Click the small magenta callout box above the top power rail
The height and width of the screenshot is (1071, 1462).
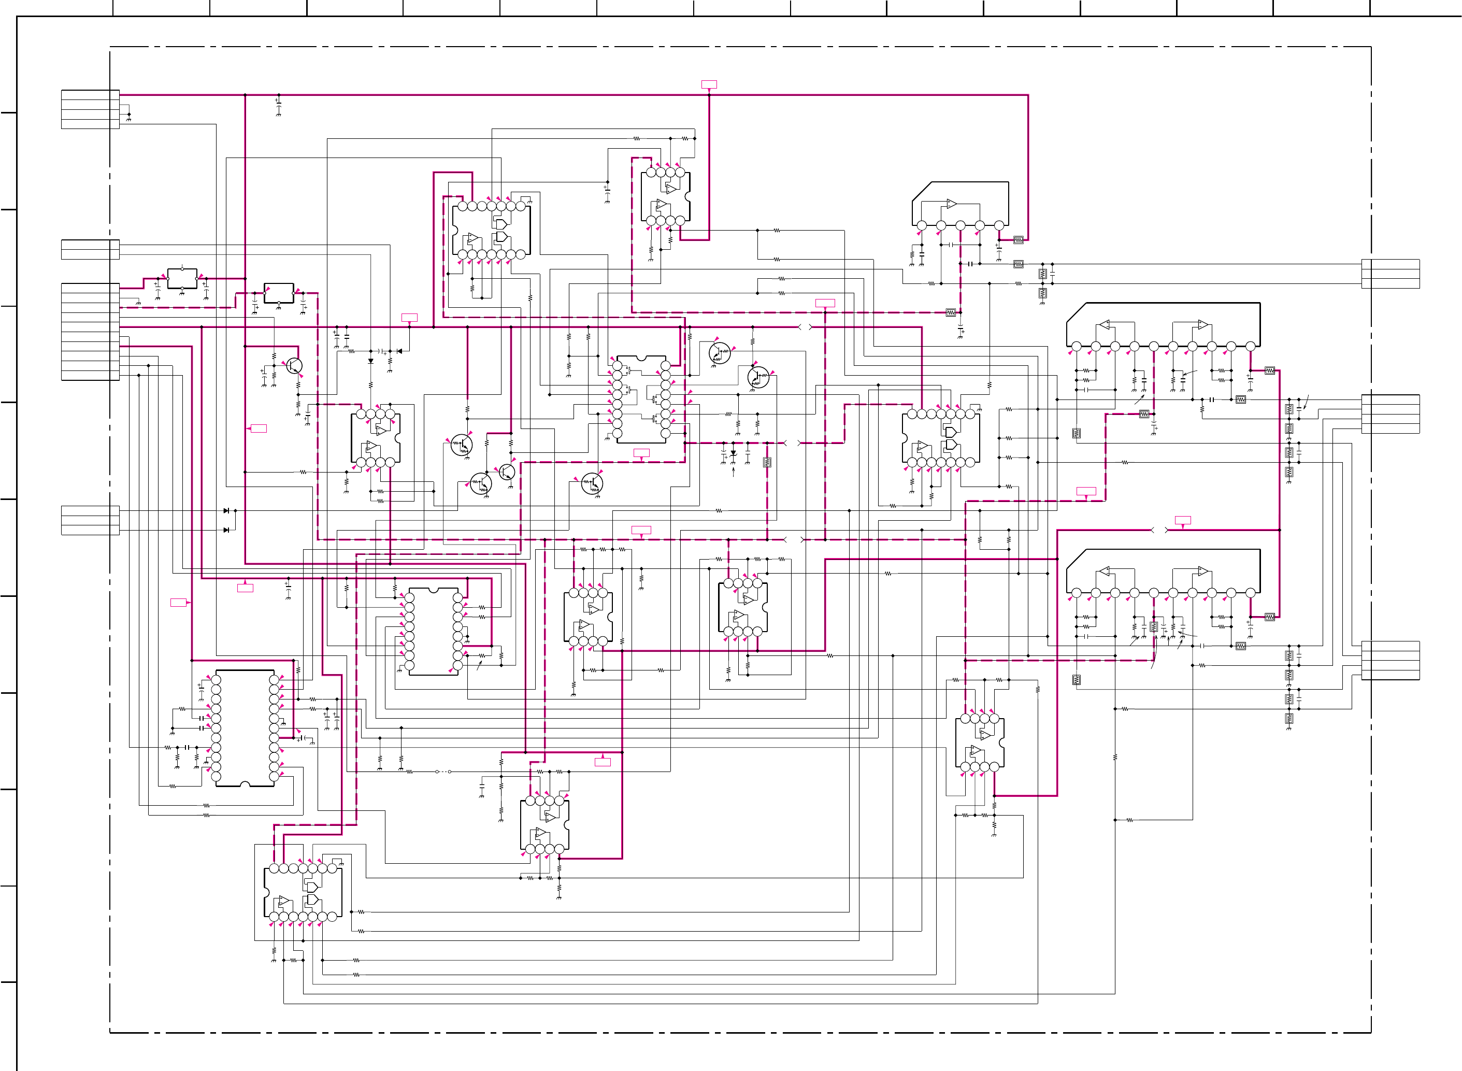(x=709, y=84)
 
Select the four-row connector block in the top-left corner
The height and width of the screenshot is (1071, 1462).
(x=90, y=109)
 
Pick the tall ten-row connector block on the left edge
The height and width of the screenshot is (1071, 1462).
(x=90, y=331)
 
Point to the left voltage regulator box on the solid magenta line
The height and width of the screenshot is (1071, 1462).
(x=182, y=279)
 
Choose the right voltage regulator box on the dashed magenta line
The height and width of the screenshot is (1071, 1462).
(x=279, y=293)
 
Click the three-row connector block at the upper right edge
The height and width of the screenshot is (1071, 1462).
(x=1391, y=274)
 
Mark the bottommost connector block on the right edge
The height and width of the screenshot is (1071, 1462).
(x=1391, y=660)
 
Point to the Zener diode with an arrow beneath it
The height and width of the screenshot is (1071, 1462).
(x=734, y=453)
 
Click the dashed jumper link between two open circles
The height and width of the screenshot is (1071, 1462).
(x=443, y=772)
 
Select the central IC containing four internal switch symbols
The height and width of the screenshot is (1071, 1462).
(x=641, y=398)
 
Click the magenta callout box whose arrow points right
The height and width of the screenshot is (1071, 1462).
(x=178, y=602)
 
